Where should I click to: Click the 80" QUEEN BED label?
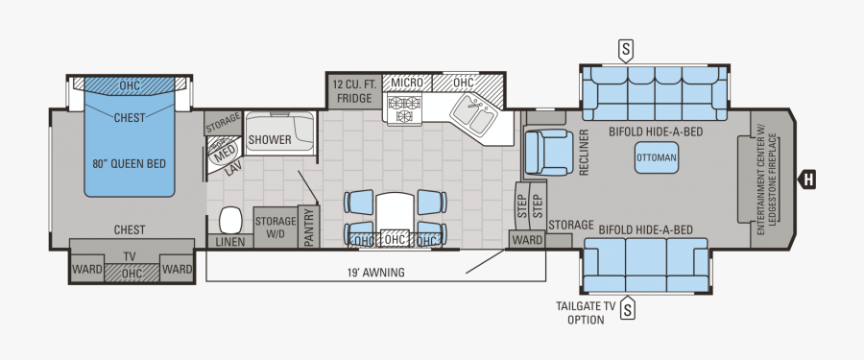tap(130, 163)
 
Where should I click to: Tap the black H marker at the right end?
tap(809, 178)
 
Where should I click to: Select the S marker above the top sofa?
tap(627, 48)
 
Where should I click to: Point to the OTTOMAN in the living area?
tap(657, 157)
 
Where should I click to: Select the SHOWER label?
tap(270, 140)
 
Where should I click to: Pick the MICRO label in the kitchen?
tap(407, 83)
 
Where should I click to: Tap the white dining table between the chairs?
tap(396, 211)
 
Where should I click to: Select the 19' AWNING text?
tap(375, 273)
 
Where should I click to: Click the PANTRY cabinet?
tap(309, 228)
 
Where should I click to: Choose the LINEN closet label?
tap(229, 241)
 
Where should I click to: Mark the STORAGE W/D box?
tap(275, 227)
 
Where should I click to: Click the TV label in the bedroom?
tap(130, 257)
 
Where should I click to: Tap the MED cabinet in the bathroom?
tap(224, 153)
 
